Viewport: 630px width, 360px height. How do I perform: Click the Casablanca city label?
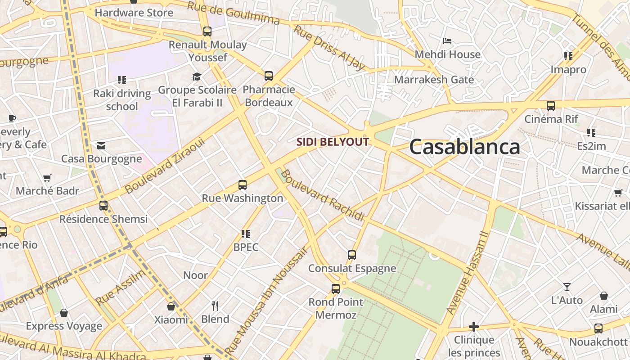tap(464, 147)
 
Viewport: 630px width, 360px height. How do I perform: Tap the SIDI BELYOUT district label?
tap(333, 142)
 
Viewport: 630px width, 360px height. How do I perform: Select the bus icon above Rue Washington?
tap(243, 184)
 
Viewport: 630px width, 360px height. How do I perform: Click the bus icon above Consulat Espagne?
tap(352, 255)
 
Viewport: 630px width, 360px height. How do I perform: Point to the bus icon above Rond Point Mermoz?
tap(336, 289)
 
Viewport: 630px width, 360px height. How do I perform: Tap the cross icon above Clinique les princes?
tap(473, 327)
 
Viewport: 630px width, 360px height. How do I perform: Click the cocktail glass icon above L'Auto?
tap(567, 287)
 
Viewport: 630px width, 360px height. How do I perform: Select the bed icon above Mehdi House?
tap(447, 41)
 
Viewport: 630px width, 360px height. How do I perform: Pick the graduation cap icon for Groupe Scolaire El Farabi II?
tap(197, 76)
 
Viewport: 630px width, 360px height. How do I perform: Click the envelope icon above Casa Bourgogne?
tap(101, 145)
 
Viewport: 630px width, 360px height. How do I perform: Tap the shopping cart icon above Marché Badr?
tap(47, 178)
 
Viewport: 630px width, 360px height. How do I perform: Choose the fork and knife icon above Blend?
tap(215, 306)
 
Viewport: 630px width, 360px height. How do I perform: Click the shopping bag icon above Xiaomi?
tap(171, 306)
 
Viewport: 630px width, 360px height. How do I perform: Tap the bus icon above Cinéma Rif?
tap(551, 106)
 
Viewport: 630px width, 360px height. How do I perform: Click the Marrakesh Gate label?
tap(434, 80)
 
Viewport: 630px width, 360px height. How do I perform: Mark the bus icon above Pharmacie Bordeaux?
tap(269, 76)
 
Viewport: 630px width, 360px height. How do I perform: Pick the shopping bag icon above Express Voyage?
tap(64, 313)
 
